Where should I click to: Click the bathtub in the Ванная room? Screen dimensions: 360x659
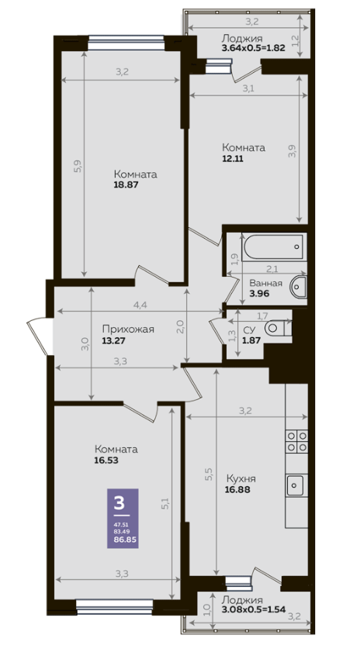click(x=272, y=247)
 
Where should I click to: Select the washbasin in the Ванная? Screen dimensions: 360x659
click(x=299, y=287)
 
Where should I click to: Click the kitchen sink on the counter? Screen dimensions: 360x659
click(x=297, y=485)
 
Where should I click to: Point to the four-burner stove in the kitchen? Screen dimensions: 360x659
click(x=296, y=441)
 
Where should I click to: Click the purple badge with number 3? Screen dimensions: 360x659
click(x=123, y=518)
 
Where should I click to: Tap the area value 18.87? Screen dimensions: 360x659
click(x=126, y=185)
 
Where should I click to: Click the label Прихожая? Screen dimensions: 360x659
click(x=128, y=329)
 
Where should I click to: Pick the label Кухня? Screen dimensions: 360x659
click(x=241, y=478)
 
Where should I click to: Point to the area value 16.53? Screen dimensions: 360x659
click(x=107, y=461)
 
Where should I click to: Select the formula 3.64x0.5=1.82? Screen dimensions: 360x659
click(x=254, y=47)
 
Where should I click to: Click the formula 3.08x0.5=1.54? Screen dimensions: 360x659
click(x=254, y=609)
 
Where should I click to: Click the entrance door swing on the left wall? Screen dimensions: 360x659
click(x=39, y=336)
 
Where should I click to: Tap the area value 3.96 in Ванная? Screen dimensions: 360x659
click(x=259, y=294)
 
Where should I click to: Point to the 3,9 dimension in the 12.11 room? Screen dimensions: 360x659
click(x=292, y=152)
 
